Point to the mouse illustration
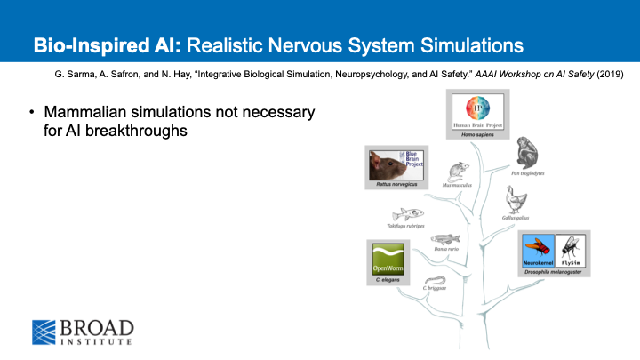pyautogui.click(x=458, y=170)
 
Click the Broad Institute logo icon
pyautogui.click(x=45, y=330)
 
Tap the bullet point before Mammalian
pyautogui.click(x=32, y=112)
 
